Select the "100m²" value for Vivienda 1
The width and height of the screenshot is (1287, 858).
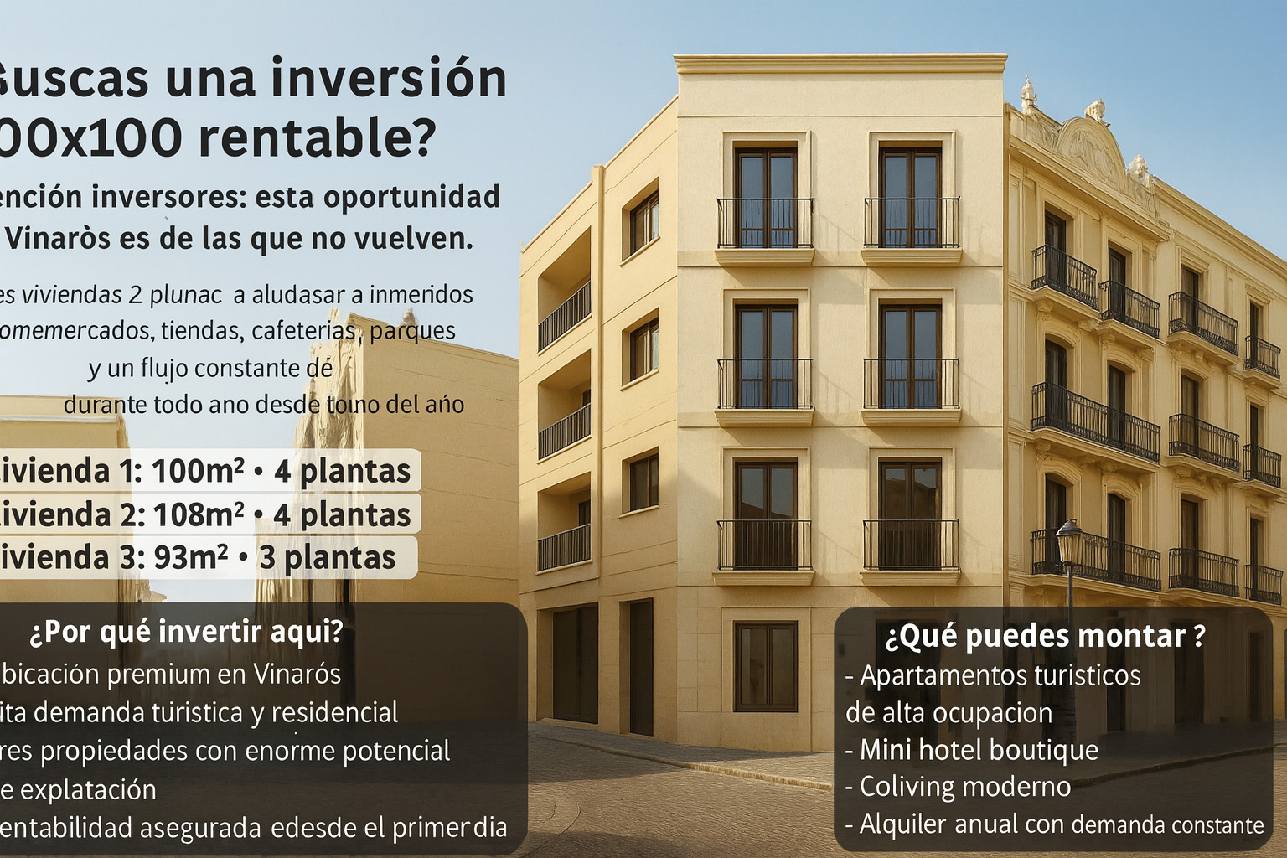pos(198,472)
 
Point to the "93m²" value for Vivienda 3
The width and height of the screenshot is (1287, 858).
pos(190,557)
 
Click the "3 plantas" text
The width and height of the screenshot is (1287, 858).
pos(328,557)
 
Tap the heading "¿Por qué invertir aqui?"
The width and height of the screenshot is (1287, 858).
pos(186,631)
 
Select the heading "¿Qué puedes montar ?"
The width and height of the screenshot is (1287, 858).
pos(1045,636)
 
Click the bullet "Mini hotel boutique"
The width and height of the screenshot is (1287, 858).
pos(979,749)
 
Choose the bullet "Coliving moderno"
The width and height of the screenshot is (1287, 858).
pos(965,787)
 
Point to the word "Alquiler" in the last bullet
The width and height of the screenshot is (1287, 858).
pos(903,824)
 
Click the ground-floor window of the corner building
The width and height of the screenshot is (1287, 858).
pos(766,666)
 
